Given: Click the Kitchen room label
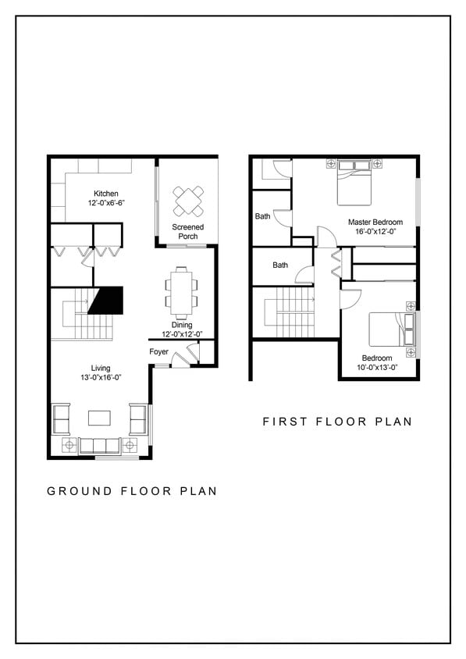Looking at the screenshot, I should pyautogui.click(x=105, y=194).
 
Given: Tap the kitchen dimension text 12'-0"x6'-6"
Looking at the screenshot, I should pyautogui.click(x=105, y=203).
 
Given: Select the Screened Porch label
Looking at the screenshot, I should pyautogui.click(x=187, y=231).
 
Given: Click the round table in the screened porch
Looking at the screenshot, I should pyautogui.click(x=188, y=201).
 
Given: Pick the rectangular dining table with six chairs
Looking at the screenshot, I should pyautogui.click(x=182, y=292).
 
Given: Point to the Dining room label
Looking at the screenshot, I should pyautogui.click(x=182, y=325).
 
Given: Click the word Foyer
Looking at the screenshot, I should pyautogui.click(x=159, y=351).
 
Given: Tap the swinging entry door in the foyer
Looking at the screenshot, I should pyautogui.click(x=180, y=358).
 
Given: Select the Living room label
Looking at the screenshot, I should pyautogui.click(x=100, y=368).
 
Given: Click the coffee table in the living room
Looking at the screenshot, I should pyautogui.click(x=100, y=418).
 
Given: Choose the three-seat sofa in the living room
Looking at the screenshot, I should pyautogui.click(x=100, y=445).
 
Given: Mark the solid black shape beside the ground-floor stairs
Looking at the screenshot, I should pyautogui.click(x=108, y=300).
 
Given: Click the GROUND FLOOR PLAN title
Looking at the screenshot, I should pyautogui.click(x=132, y=491).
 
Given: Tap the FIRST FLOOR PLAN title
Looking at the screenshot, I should pyautogui.click(x=336, y=422).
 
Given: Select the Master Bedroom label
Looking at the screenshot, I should pyautogui.click(x=375, y=223).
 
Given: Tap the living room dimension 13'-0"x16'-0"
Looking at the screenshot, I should pyautogui.click(x=100, y=378).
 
